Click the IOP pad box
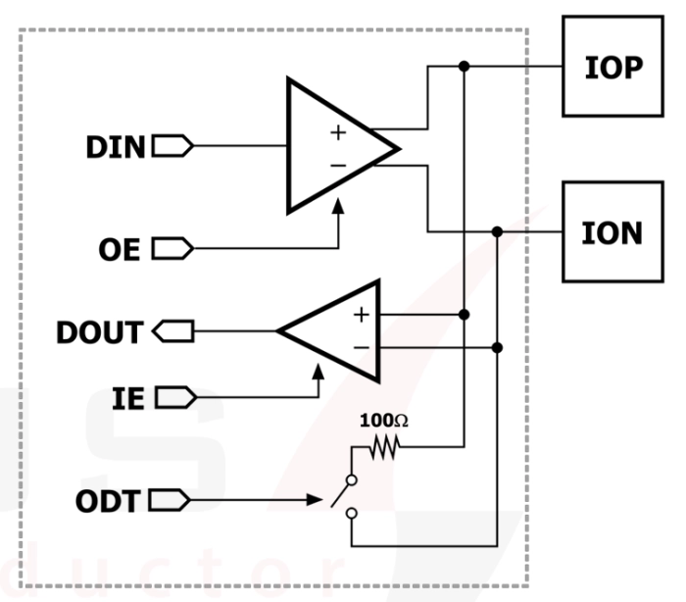pyautogui.click(x=613, y=67)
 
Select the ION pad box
pyautogui.click(x=613, y=232)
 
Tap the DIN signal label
pyautogui.click(x=115, y=147)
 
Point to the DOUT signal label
pyautogui.click(x=99, y=332)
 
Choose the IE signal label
pyautogui.click(x=127, y=397)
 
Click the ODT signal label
pyautogui.click(x=110, y=502)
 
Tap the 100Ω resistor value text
pyautogui.click(x=384, y=421)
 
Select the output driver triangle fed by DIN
pyautogui.click(x=333, y=147)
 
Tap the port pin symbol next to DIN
pyautogui.click(x=173, y=147)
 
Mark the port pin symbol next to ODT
pyautogui.click(x=173, y=502)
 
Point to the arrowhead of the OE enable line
pyautogui.click(x=339, y=207)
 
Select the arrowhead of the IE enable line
pyautogui.click(x=318, y=374)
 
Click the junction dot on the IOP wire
pyautogui.click(x=465, y=67)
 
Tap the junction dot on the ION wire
pyautogui.click(x=497, y=232)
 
